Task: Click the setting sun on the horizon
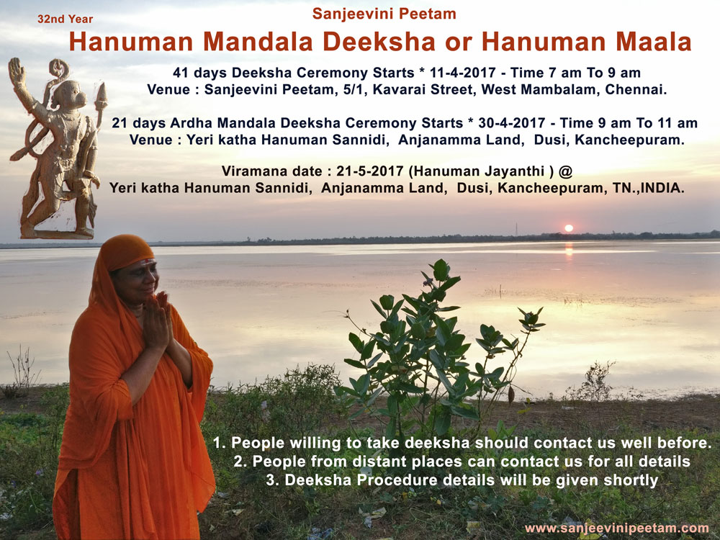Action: pos(569,228)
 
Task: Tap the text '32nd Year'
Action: pos(66,19)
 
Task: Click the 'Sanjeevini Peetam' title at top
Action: pos(384,14)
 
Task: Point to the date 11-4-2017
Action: pos(463,73)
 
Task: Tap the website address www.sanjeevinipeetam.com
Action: pos(617,528)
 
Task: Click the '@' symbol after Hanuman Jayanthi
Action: pos(566,172)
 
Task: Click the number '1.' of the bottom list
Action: pos(219,443)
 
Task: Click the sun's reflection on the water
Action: pos(569,251)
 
